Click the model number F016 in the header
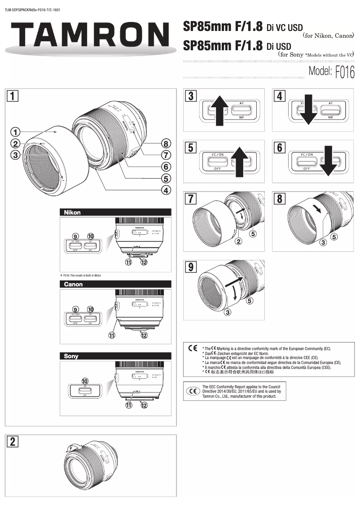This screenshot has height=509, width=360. click(x=345, y=72)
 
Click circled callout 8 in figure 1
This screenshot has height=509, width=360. click(x=166, y=144)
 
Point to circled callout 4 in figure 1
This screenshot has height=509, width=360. click(x=166, y=190)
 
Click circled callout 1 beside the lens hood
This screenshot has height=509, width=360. click(x=16, y=132)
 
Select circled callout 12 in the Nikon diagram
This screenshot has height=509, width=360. click(x=144, y=263)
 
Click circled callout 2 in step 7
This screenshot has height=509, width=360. click(x=239, y=242)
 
